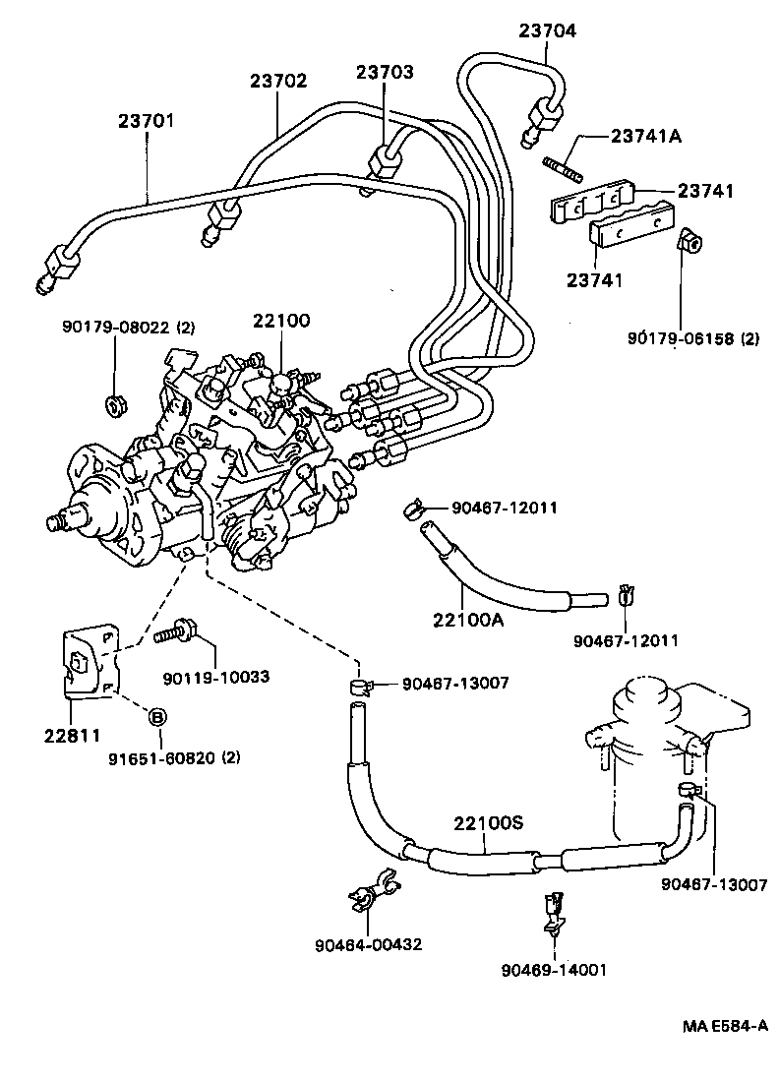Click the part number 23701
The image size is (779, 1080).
point(147,121)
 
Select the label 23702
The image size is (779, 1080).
point(278,84)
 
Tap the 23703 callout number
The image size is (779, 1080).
point(385,72)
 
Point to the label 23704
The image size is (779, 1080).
point(548,30)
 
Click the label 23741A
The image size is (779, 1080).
point(646,136)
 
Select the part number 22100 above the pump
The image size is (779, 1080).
point(281,321)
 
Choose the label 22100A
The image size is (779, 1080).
point(467,620)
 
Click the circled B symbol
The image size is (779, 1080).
point(156,717)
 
